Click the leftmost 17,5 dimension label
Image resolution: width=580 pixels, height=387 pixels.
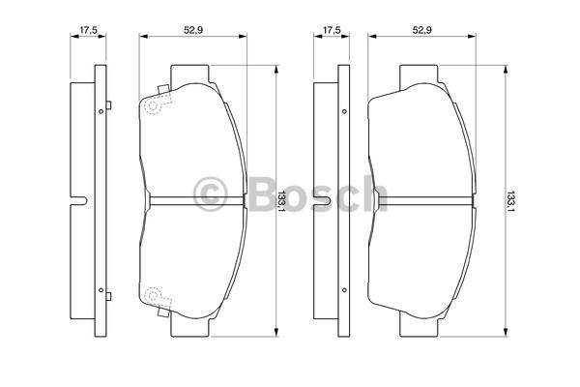pos(88,30)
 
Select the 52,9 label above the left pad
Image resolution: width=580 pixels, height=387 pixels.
pos(193,30)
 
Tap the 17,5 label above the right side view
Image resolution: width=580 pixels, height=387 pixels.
pos(332,30)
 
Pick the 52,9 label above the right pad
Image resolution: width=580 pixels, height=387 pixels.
pos(422,30)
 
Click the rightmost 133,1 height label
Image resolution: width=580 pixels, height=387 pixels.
pos(510,201)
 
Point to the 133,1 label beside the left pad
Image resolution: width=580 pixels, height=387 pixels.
pos(281,201)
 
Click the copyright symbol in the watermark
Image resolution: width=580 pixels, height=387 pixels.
pos(210,194)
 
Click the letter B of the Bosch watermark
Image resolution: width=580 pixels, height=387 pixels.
pos(262,193)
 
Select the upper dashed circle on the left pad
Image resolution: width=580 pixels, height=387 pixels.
pos(153,106)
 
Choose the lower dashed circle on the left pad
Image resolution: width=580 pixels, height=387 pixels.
pos(153,295)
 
